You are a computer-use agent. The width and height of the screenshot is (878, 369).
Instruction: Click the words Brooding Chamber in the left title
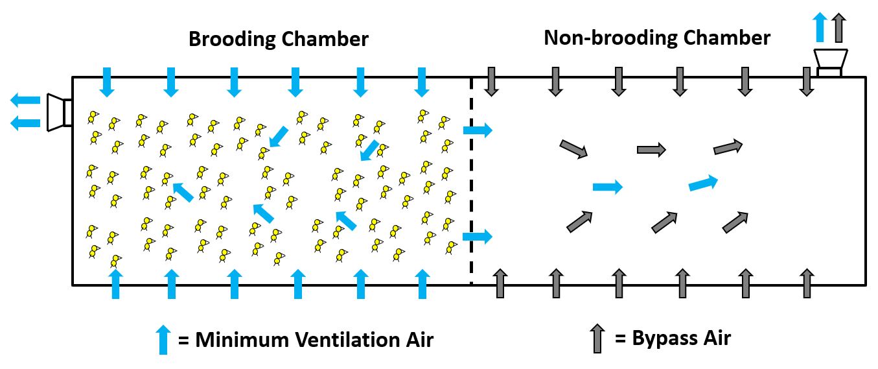(279, 39)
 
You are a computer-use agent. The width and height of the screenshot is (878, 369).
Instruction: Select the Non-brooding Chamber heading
(657, 38)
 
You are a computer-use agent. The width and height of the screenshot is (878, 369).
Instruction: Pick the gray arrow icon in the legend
(597, 339)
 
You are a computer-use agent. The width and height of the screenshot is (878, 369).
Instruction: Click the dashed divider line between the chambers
(471, 182)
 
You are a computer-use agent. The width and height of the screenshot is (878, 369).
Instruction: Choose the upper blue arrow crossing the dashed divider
(478, 130)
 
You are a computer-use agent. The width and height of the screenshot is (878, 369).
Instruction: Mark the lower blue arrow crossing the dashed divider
(478, 236)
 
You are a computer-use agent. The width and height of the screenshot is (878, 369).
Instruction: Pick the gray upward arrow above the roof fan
(839, 28)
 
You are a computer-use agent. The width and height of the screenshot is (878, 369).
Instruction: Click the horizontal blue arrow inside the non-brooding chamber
(608, 187)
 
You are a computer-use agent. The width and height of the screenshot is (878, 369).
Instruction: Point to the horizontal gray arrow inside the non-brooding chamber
(651, 150)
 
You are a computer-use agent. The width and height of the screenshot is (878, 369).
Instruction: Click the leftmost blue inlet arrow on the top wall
(108, 82)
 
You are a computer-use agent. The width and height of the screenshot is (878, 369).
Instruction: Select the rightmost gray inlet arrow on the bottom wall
(806, 283)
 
